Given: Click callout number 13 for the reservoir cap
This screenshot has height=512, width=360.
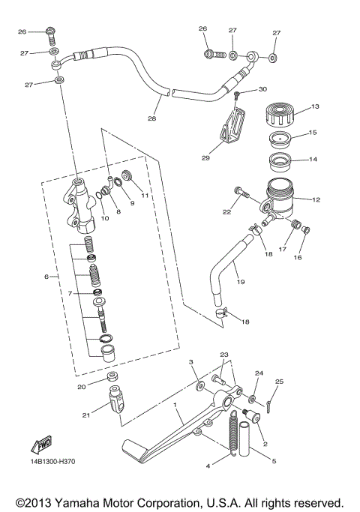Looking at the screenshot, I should [315, 107].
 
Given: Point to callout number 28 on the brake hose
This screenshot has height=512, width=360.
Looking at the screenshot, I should [152, 118].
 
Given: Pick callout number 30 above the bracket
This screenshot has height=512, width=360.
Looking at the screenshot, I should [262, 89].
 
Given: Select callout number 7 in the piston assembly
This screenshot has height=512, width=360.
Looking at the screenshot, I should [70, 293].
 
